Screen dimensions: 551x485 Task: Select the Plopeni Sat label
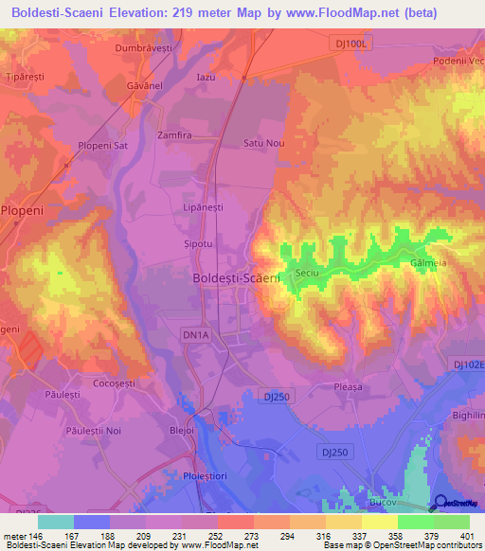(x=103, y=147)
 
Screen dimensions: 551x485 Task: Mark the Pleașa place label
(x=349, y=386)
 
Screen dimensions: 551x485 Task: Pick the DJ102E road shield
(x=468, y=364)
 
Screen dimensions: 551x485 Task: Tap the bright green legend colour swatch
(x=416, y=522)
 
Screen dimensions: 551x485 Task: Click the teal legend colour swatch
(x=56, y=522)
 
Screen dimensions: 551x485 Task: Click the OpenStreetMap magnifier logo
(x=440, y=505)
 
